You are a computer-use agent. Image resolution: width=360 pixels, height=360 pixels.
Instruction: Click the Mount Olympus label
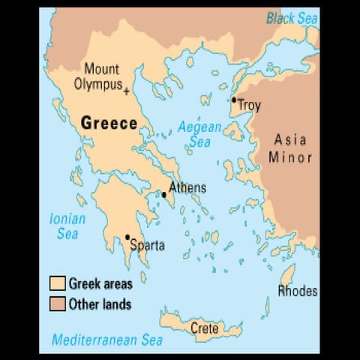101,76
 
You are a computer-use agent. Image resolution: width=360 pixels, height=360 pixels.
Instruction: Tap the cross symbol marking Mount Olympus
126,91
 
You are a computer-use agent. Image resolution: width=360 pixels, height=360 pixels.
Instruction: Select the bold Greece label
109,122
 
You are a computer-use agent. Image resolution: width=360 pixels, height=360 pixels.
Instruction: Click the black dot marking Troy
234,100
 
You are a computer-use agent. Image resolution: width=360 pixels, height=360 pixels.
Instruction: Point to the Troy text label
249,106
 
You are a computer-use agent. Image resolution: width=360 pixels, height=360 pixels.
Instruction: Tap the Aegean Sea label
199,134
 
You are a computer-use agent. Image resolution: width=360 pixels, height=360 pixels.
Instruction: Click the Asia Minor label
289,148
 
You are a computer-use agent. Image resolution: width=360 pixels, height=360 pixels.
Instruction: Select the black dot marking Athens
164,194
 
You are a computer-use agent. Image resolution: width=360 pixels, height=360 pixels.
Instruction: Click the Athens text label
187,187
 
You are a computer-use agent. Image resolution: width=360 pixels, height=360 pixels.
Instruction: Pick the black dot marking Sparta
127,237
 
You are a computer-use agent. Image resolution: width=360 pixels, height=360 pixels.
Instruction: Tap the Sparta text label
147,244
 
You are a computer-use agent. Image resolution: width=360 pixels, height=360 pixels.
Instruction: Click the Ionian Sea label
67,226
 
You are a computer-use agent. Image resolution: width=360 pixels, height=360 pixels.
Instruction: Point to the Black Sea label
292,19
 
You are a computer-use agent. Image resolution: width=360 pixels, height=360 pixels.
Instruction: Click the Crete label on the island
205,328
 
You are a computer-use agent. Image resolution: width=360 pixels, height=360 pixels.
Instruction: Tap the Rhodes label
298,291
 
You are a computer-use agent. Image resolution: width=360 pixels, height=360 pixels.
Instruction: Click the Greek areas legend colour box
56,283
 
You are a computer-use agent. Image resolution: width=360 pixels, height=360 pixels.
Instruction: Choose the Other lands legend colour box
56,304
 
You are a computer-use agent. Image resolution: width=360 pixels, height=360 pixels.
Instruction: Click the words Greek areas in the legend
100,283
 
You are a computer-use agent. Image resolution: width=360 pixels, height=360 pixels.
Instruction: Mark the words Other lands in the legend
100,304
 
